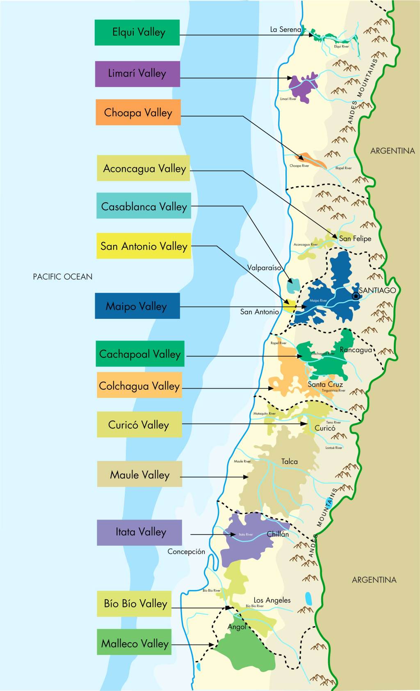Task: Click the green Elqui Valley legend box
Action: click(137, 32)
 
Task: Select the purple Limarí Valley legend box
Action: click(137, 74)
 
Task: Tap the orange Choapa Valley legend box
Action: click(138, 112)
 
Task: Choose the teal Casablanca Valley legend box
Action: click(144, 206)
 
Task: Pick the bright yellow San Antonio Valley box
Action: click(144, 246)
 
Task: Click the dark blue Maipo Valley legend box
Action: click(137, 306)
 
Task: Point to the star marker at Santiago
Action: click(356, 296)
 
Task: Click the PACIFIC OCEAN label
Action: click(62, 277)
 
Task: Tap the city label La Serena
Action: click(285, 30)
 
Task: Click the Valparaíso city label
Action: click(264, 268)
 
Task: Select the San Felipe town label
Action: click(355, 238)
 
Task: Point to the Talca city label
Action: click(289, 462)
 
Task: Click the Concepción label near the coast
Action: click(186, 551)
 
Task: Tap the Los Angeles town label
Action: click(272, 600)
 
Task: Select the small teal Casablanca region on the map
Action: click(293, 285)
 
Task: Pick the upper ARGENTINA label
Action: click(392, 151)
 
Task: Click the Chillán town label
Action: click(278, 534)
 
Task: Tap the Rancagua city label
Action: click(356, 350)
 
